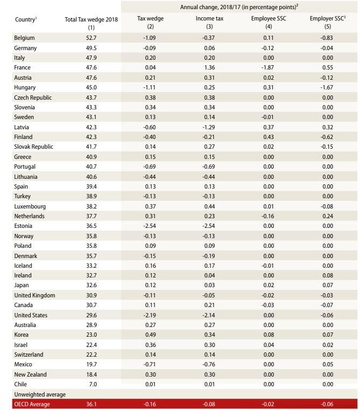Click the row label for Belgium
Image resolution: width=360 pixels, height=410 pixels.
click(24, 38)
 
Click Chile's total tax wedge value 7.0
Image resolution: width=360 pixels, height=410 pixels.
click(91, 384)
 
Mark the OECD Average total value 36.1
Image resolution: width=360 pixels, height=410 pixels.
click(91, 404)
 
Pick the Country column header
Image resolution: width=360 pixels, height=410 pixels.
click(25, 19)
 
